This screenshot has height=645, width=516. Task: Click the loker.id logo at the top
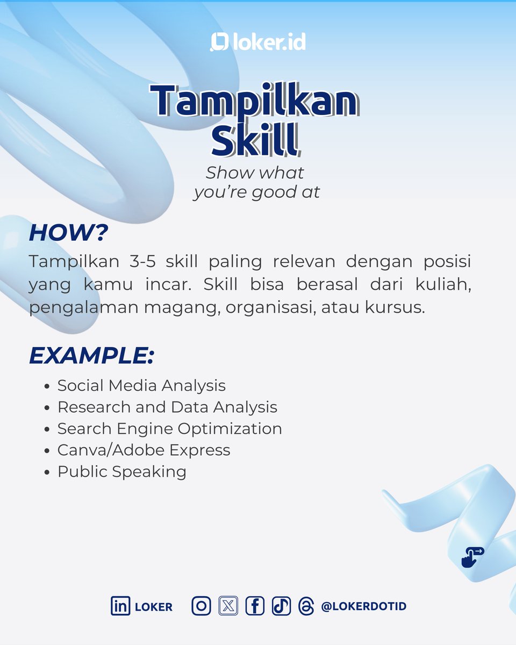(x=258, y=42)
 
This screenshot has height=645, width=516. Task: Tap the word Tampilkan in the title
(x=254, y=102)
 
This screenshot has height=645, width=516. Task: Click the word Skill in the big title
(x=254, y=141)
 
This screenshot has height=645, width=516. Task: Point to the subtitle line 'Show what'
(x=255, y=173)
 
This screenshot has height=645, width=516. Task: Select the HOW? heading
(x=68, y=233)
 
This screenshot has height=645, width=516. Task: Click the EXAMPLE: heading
(x=91, y=355)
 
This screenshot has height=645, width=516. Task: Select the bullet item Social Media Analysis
(x=141, y=385)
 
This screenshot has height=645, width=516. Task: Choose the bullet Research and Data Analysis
(x=167, y=407)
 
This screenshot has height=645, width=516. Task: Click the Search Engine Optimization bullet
(x=169, y=428)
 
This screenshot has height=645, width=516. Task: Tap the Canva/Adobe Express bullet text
(x=144, y=450)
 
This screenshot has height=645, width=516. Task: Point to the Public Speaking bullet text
(x=122, y=471)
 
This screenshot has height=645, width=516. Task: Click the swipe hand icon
(x=472, y=557)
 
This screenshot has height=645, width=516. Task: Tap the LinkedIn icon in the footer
(x=120, y=606)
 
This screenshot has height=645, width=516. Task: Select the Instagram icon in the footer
(x=202, y=606)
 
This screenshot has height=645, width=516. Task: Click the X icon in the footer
(x=228, y=606)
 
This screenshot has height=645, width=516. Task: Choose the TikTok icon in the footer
(x=281, y=606)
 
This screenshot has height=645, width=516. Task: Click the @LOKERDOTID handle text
(x=363, y=606)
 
